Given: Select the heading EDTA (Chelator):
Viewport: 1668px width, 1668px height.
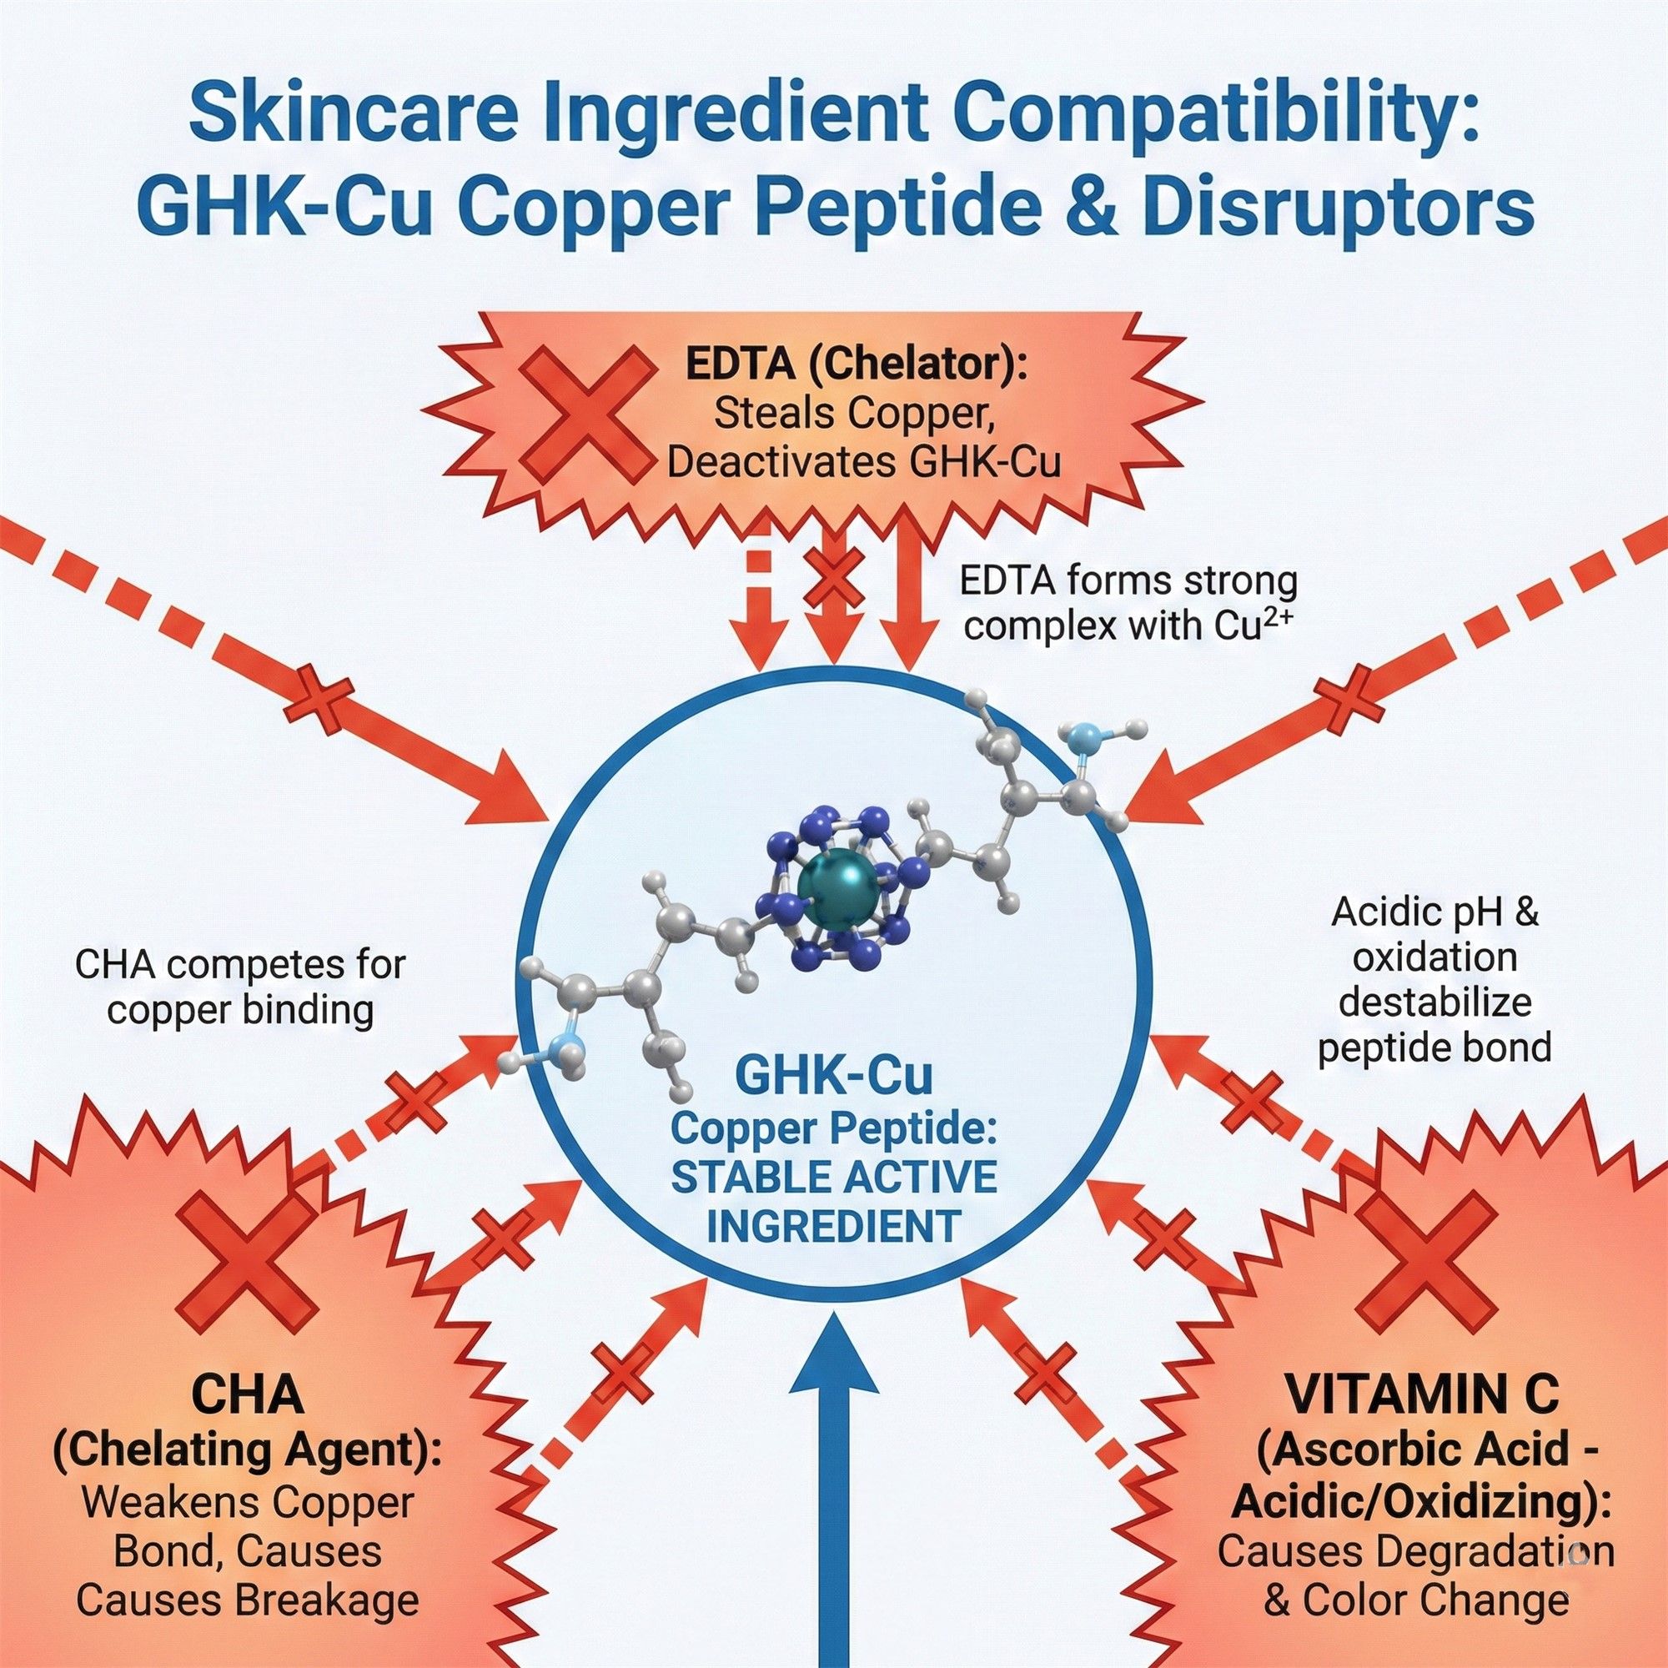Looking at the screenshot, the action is [856, 366].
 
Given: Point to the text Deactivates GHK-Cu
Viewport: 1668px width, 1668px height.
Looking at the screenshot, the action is [862, 464].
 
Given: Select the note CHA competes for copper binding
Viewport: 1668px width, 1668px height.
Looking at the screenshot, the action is [240, 987].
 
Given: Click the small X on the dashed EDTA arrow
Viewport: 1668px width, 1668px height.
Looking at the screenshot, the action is [833, 581].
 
